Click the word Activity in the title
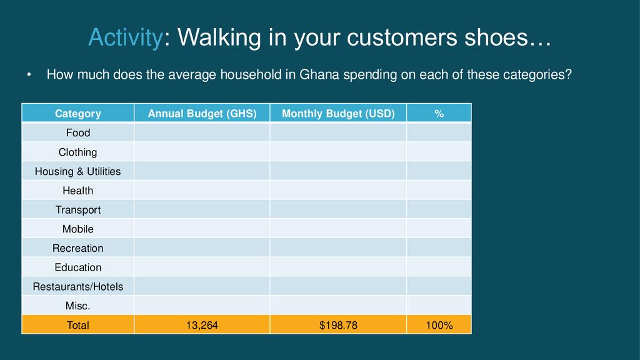click(125, 38)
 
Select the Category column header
click(78, 114)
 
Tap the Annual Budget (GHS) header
click(202, 114)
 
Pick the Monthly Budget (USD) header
click(338, 114)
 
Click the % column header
click(439, 114)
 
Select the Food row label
click(78, 132)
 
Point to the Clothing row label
click(78, 152)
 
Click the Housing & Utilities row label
click(78, 171)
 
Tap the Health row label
click(78, 191)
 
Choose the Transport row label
click(78, 210)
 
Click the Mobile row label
click(78, 229)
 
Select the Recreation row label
click(78, 248)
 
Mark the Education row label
click(78, 267)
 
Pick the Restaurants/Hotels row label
click(78, 287)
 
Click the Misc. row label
click(78, 306)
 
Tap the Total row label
click(78, 325)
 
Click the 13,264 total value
click(202, 325)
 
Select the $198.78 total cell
click(338, 325)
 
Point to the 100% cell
click(439, 325)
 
